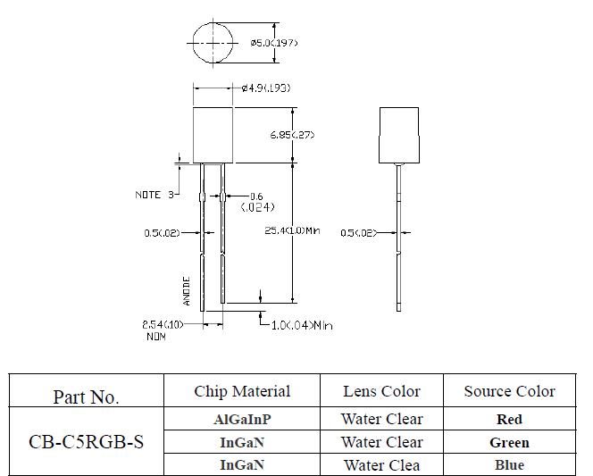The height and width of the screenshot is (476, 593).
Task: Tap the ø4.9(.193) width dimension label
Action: pos(265,88)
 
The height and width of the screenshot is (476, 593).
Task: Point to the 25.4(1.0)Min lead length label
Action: pos(293,232)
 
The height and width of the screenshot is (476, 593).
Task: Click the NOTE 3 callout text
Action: pos(154,195)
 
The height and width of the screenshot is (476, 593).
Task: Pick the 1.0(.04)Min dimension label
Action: pos(303,325)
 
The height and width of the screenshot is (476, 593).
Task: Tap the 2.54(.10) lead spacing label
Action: pos(163,324)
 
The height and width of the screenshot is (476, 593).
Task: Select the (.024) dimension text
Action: pos(257,207)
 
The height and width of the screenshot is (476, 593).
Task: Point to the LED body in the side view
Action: pos(399,135)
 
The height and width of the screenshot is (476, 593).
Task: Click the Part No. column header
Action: pos(86,397)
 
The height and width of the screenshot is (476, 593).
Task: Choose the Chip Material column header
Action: pos(242,391)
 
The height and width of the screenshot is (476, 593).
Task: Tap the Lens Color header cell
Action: pos(381,391)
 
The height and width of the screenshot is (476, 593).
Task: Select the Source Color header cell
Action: pos(509,391)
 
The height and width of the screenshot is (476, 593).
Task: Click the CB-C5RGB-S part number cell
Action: pos(86,442)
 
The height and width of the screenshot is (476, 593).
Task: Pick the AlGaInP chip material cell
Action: pos(242,419)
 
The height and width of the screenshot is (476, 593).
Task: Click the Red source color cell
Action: pos(509,419)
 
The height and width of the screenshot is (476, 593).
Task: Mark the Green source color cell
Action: pos(509,442)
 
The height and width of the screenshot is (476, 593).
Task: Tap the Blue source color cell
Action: pos(509,464)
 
